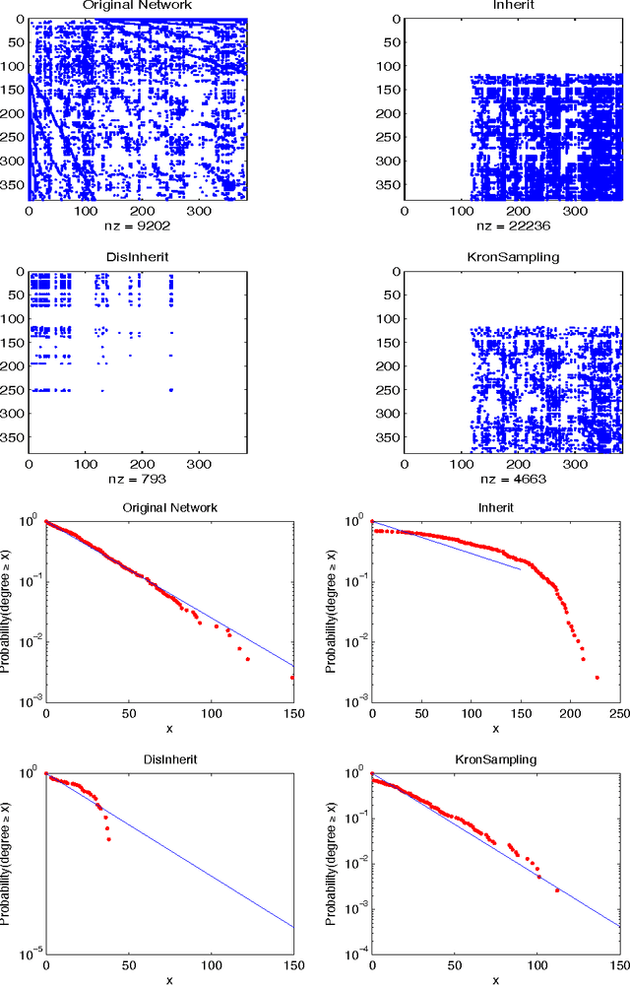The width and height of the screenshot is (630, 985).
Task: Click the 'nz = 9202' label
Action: point(136,225)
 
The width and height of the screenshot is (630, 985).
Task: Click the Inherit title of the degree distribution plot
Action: point(495,508)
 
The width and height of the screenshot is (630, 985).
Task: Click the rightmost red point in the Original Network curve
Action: point(292,678)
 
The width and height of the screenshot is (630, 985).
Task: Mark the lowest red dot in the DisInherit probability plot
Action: point(107,839)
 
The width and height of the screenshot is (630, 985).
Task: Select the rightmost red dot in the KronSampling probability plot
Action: point(557,890)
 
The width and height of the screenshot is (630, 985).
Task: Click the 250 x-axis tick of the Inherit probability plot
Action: point(619,713)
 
